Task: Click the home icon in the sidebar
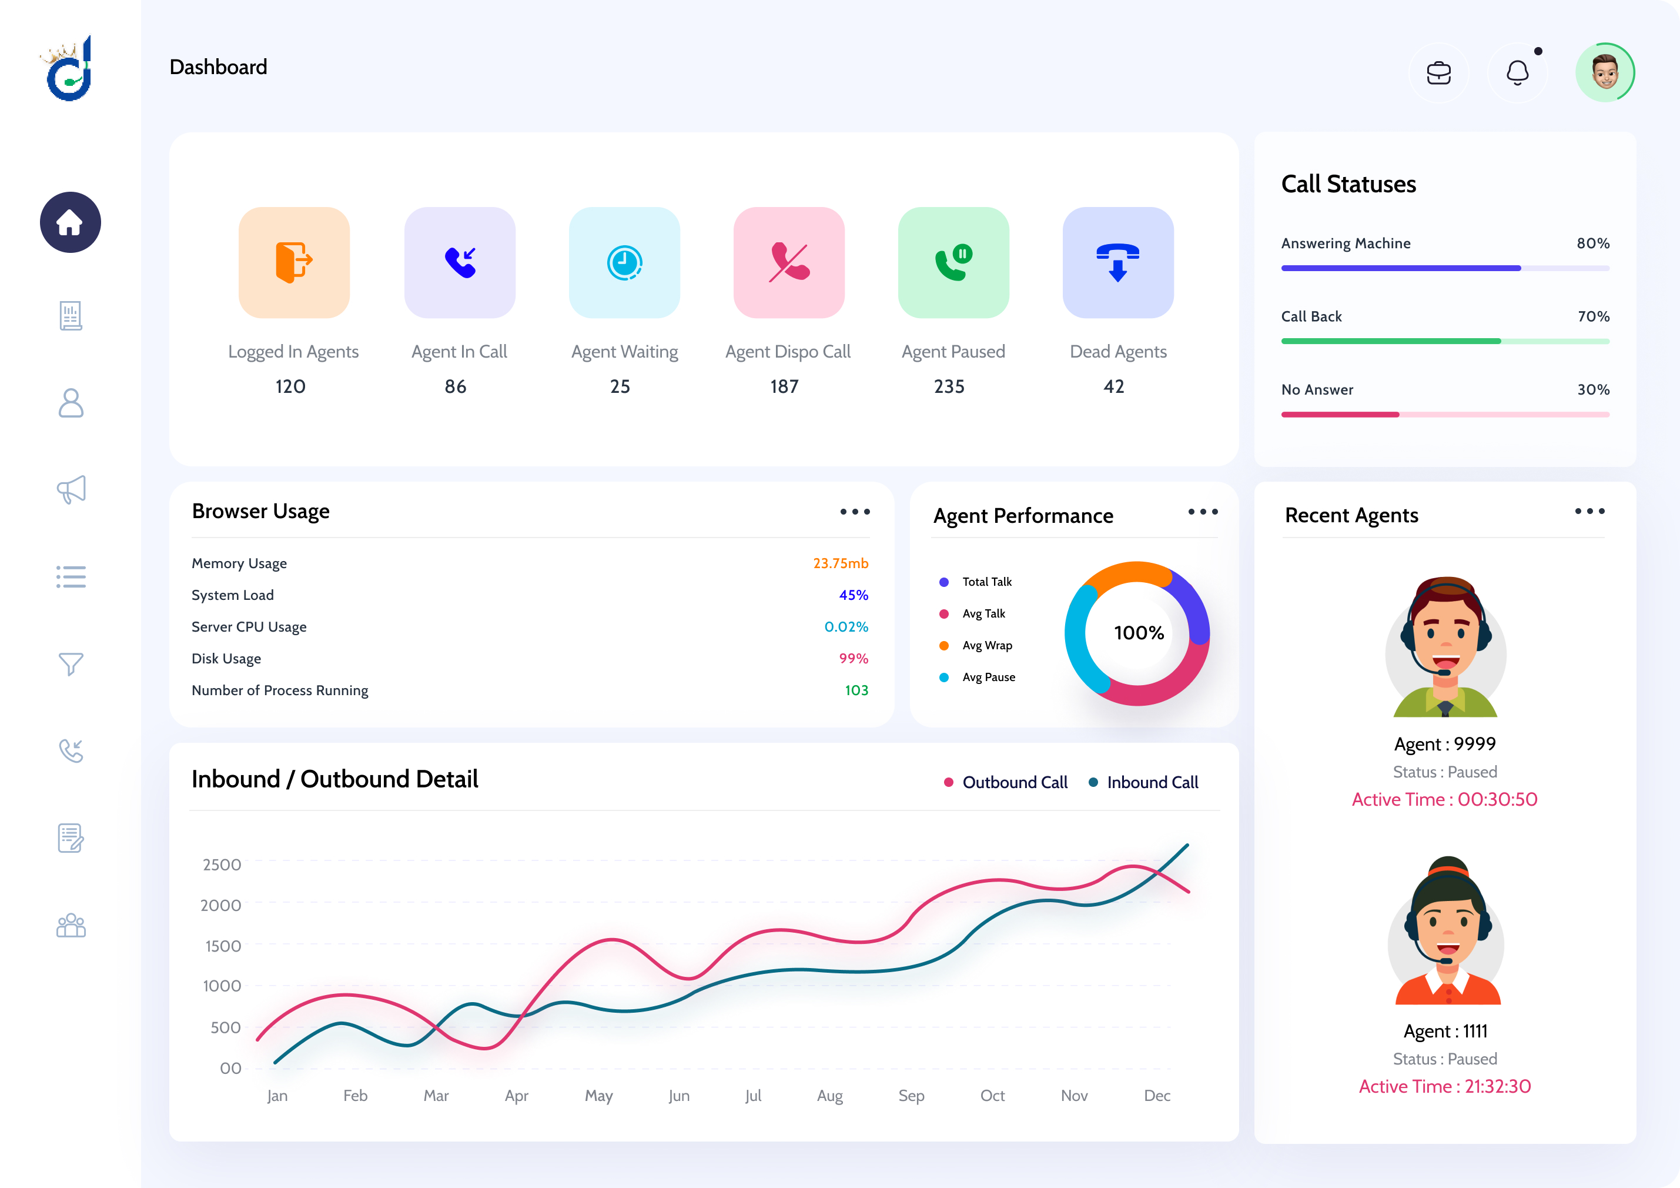coord(70,222)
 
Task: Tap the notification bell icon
coord(1518,72)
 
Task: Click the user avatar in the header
coord(1605,72)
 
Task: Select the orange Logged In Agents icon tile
coord(294,262)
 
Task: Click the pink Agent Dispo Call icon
coord(789,262)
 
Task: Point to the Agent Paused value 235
coord(949,386)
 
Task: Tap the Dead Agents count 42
coord(1114,386)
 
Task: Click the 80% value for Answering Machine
coord(1593,243)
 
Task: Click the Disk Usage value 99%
coord(853,659)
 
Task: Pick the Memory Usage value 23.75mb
coord(840,563)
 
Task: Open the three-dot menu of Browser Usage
coord(855,512)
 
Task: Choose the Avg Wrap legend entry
coord(986,646)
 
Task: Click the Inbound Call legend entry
coord(1152,782)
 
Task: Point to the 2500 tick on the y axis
coord(222,865)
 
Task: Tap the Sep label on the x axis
coord(911,1096)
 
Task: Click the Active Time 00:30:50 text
coord(1444,799)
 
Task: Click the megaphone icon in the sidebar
coord(71,489)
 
